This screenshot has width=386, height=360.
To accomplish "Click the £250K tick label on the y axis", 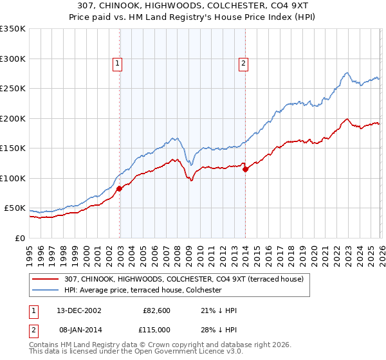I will pyautogui.click(x=13, y=89).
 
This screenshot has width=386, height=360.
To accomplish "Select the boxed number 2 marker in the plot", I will pyautogui.click(x=244, y=63).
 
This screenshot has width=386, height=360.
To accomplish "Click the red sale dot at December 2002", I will pyautogui.click(x=120, y=188).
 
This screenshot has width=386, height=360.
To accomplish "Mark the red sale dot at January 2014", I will pyautogui.click(x=245, y=169).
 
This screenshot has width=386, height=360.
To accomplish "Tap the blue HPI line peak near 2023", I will pyautogui.click(x=346, y=73).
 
